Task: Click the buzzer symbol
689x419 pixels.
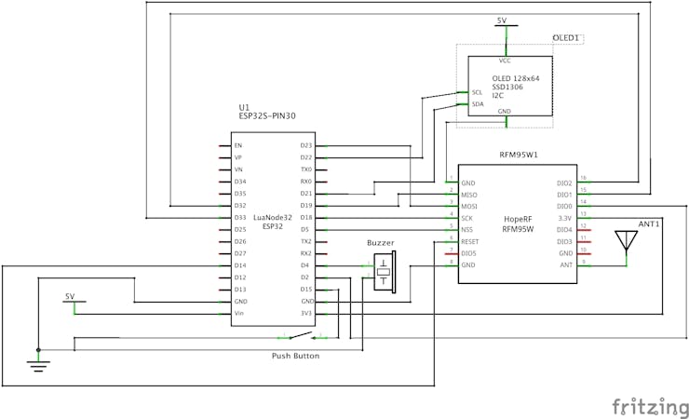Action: pyautogui.click(x=383, y=272)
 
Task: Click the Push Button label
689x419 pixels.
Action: pyautogui.click(x=295, y=356)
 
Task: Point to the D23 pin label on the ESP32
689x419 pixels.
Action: pyautogui.click(x=306, y=146)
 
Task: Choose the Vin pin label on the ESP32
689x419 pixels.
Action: pyautogui.click(x=239, y=314)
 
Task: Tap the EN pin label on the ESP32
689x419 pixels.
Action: pyautogui.click(x=238, y=146)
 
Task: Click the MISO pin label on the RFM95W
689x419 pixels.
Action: pyautogui.click(x=470, y=195)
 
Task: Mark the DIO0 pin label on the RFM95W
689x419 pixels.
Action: pyautogui.click(x=563, y=206)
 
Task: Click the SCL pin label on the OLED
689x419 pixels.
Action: pyautogui.click(x=477, y=92)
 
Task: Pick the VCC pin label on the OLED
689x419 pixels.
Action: pyautogui.click(x=505, y=60)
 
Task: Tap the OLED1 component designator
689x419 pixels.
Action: pyautogui.click(x=566, y=38)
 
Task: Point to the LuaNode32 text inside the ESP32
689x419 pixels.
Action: pyautogui.click(x=273, y=217)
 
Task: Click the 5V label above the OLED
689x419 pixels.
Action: pyautogui.click(x=502, y=20)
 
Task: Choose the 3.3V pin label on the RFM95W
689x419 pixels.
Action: pyautogui.click(x=564, y=217)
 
